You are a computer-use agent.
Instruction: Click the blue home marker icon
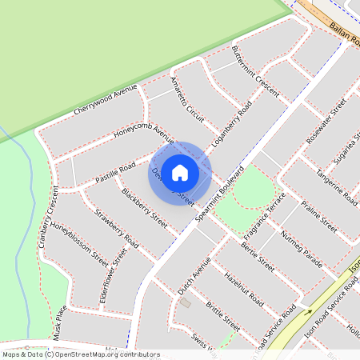coord(180,172)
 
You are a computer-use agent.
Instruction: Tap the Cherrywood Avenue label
coord(105,98)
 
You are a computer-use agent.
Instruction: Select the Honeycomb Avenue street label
coord(143,131)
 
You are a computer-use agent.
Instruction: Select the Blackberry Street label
coord(144,206)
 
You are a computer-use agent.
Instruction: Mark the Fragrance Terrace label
coord(264,216)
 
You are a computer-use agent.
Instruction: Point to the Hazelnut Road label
coord(244,290)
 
